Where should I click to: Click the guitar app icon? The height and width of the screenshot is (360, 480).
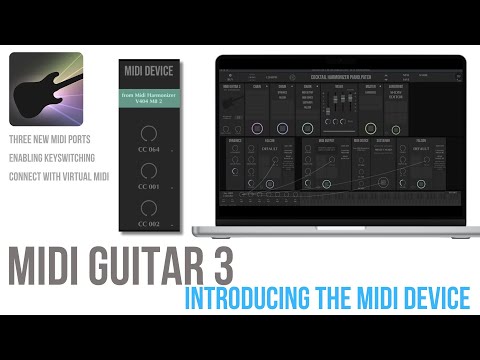[46, 89]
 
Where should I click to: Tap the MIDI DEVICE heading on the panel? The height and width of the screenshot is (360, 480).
[149, 72]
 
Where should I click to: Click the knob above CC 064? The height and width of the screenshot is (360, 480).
[149, 131]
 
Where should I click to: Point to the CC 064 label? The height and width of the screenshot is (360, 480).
[149, 151]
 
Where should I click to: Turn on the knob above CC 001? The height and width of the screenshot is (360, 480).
[149, 172]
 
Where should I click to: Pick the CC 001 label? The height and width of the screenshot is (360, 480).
[149, 187]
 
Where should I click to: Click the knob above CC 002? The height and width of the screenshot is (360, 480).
[149, 208]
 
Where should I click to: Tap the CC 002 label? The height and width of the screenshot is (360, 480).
[149, 224]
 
